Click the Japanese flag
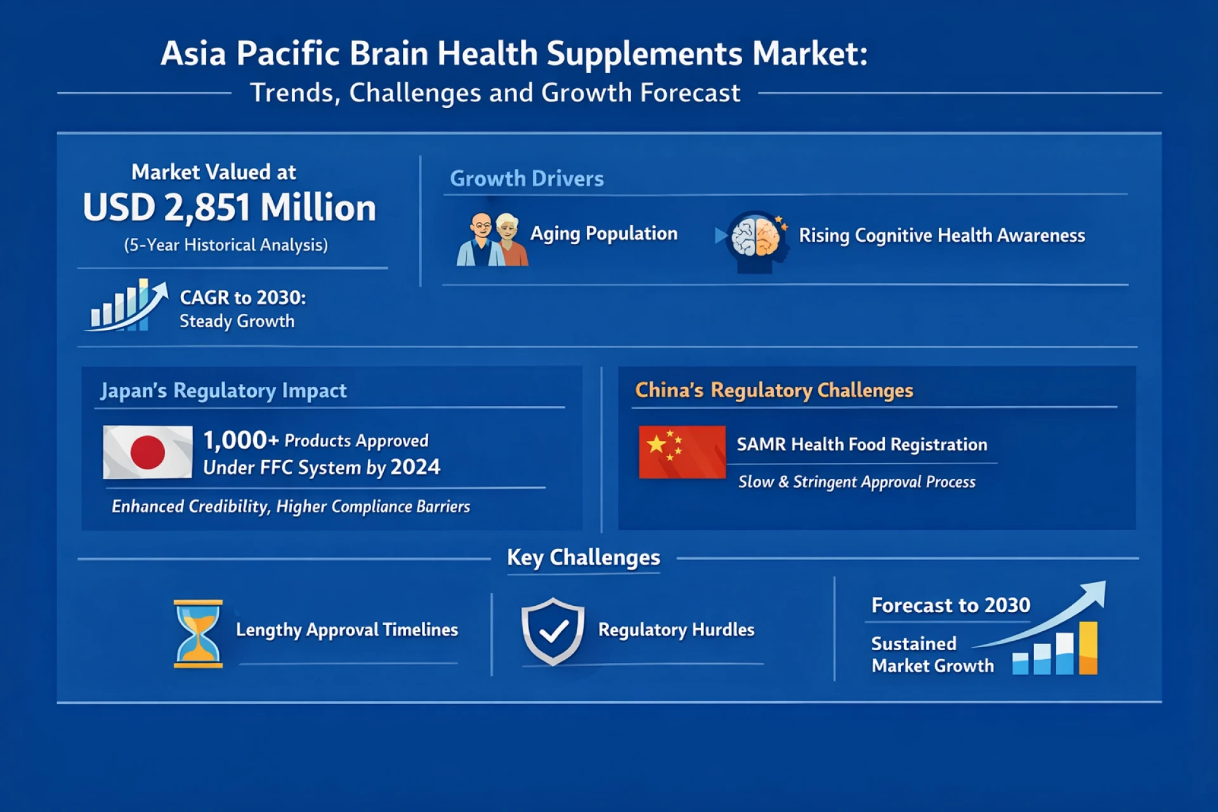[148, 452]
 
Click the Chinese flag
[682, 452]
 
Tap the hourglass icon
[198, 633]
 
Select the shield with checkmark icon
[553, 631]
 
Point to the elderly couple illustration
[492, 239]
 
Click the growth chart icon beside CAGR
[127, 305]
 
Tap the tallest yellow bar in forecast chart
[1088, 647]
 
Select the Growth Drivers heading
[527, 179]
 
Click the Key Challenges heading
[583, 558]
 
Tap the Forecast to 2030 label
[950, 605]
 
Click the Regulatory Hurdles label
[676, 630]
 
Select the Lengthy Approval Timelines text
[347, 630]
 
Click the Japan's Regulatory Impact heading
[223, 391]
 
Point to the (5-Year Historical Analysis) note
[226, 245]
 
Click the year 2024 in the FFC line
[415, 468]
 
